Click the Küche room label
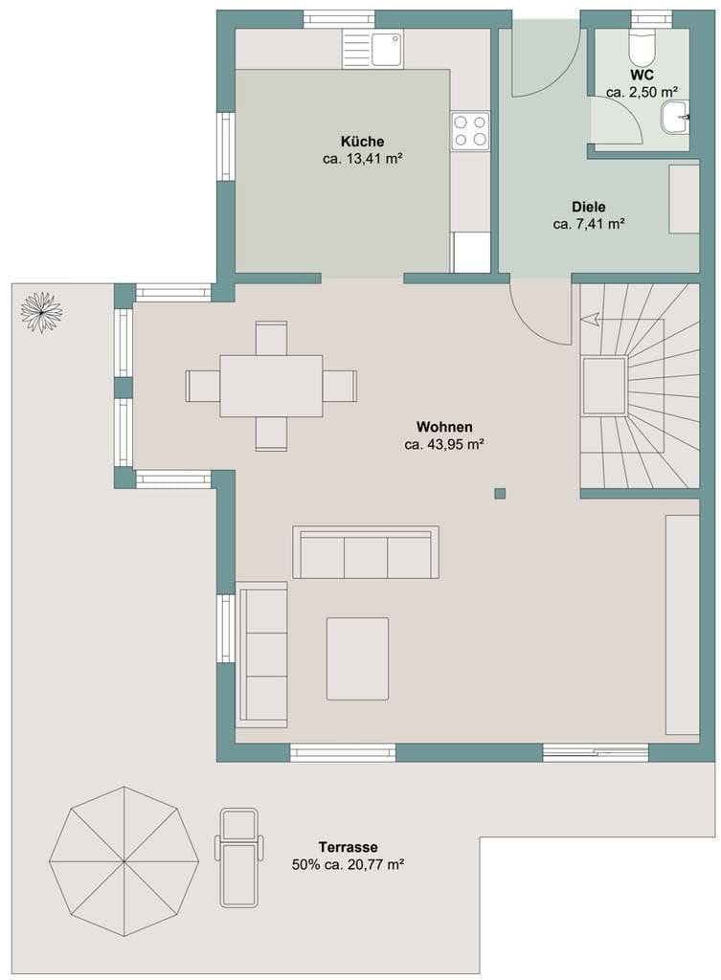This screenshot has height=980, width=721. (x=362, y=142)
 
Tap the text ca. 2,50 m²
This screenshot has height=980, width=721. (x=642, y=92)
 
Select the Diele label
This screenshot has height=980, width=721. (x=589, y=207)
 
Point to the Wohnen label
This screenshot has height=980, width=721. (x=444, y=427)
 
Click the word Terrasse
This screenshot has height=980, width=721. (x=348, y=848)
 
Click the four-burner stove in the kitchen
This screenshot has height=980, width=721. (x=470, y=131)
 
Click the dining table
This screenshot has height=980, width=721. (x=271, y=386)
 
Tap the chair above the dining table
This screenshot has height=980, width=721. (x=271, y=338)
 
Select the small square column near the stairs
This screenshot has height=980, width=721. (x=500, y=494)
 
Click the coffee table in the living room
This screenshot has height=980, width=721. (x=357, y=658)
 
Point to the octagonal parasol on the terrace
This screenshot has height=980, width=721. (x=124, y=862)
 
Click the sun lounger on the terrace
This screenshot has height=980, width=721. (x=238, y=857)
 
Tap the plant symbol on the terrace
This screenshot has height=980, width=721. (x=42, y=313)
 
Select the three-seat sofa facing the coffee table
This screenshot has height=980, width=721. (x=366, y=552)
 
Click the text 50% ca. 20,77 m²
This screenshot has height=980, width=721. (x=347, y=865)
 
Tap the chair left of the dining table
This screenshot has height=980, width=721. (x=203, y=387)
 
